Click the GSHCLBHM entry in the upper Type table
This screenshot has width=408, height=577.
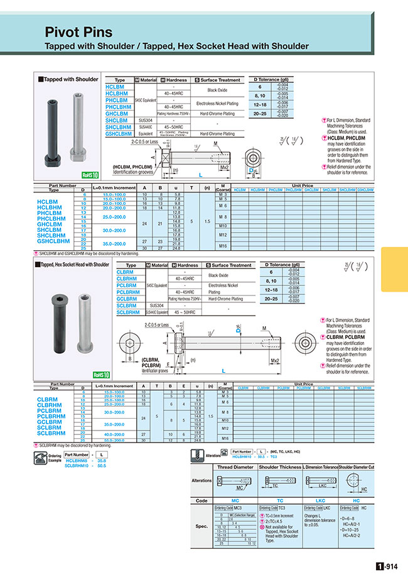(x=118, y=134)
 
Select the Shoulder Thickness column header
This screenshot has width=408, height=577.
(x=279, y=467)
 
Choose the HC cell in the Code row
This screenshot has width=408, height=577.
(x=356, y=501)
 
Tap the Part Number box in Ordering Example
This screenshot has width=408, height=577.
(x=76, y=454)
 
